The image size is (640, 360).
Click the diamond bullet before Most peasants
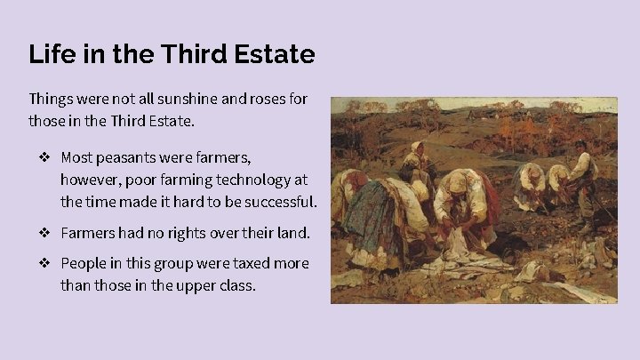tap(44, 158)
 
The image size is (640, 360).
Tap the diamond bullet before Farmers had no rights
tap(44, 234)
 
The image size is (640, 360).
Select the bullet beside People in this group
tap(44, 264)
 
